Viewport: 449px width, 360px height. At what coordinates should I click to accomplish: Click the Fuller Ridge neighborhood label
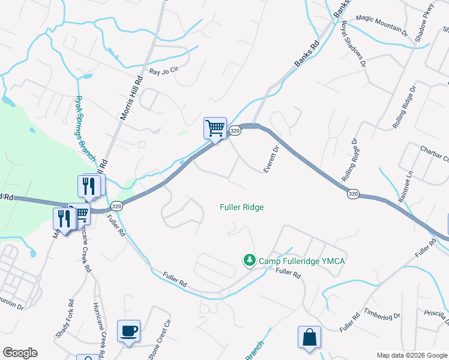click(x=242, y=207)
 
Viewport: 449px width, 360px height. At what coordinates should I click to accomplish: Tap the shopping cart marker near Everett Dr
click(x=215, y=128)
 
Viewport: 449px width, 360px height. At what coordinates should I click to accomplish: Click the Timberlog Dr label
click(x=381, y=315)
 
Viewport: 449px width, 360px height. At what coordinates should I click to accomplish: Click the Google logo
click(x=20, y=353)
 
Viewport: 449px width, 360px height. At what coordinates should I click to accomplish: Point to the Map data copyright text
click(x=412, y=355)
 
